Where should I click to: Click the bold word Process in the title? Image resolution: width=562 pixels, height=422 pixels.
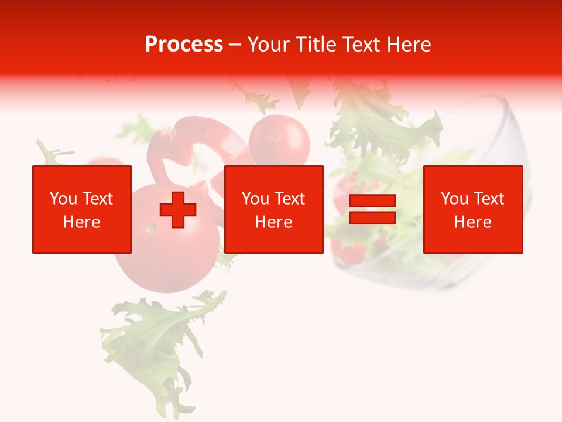tap(184, 45)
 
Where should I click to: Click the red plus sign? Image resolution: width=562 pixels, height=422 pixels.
tap(178, 210)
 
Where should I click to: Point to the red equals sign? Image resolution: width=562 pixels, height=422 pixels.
tap(372, 210)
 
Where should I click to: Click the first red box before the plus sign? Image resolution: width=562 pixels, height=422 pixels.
tap(82, 209)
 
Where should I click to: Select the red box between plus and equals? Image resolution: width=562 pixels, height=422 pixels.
tap(273, 209)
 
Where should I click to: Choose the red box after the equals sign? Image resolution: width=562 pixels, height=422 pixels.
tap(472, 209)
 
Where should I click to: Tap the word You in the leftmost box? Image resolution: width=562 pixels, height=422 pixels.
tap(63, 199)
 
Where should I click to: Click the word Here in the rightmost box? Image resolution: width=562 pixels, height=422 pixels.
tap(472, 222)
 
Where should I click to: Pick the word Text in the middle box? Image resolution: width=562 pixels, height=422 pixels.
tap(289, 199)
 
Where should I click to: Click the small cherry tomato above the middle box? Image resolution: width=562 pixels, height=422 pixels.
tap(279, 141)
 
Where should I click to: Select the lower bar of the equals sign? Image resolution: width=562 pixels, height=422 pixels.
tap(372, 218)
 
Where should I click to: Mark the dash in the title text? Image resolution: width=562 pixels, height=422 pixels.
tap(235, 45)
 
